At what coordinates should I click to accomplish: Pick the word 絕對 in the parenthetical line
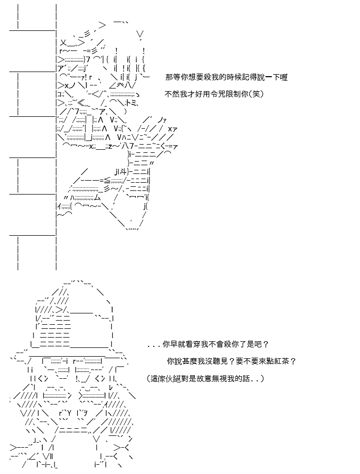point(182,378)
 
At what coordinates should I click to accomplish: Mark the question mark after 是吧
point(266,344)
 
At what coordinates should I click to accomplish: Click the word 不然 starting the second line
point(172,94)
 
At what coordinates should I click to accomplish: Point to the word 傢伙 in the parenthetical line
point(166,378)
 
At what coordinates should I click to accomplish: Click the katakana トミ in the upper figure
point(133,103)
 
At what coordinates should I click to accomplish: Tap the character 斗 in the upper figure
point(124,172)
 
